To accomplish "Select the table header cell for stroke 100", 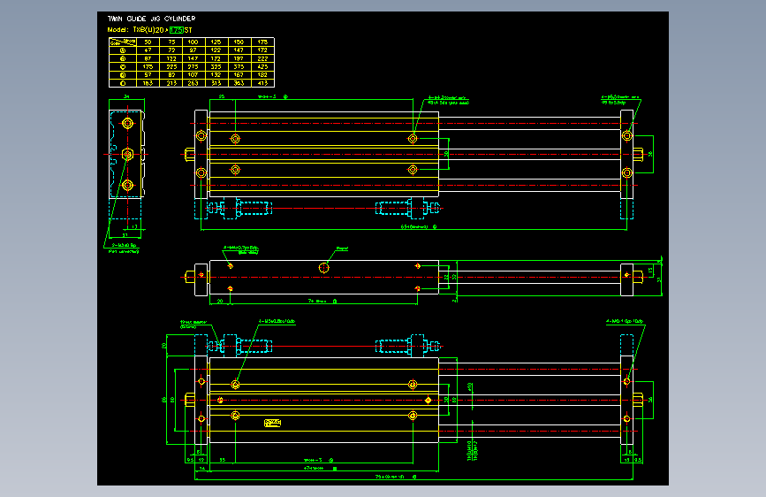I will coord(193,42).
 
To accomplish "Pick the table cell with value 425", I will coord(262,66).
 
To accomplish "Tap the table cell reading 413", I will coord(262,82).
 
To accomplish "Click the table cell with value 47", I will coord(147,50).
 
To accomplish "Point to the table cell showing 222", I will coord(262,58).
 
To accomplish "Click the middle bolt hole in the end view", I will coord(128,154).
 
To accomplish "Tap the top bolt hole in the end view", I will coord(128,124).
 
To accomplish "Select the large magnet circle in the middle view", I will coord(324,267).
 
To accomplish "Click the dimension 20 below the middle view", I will coord(220,301).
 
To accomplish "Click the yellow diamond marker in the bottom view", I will coord(429,400).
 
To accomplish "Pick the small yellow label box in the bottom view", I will coord(272,423).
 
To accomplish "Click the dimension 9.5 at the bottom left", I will coord(190,460).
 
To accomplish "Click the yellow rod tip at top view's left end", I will coord(190,154).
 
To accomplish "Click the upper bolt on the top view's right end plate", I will coord(626,135).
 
